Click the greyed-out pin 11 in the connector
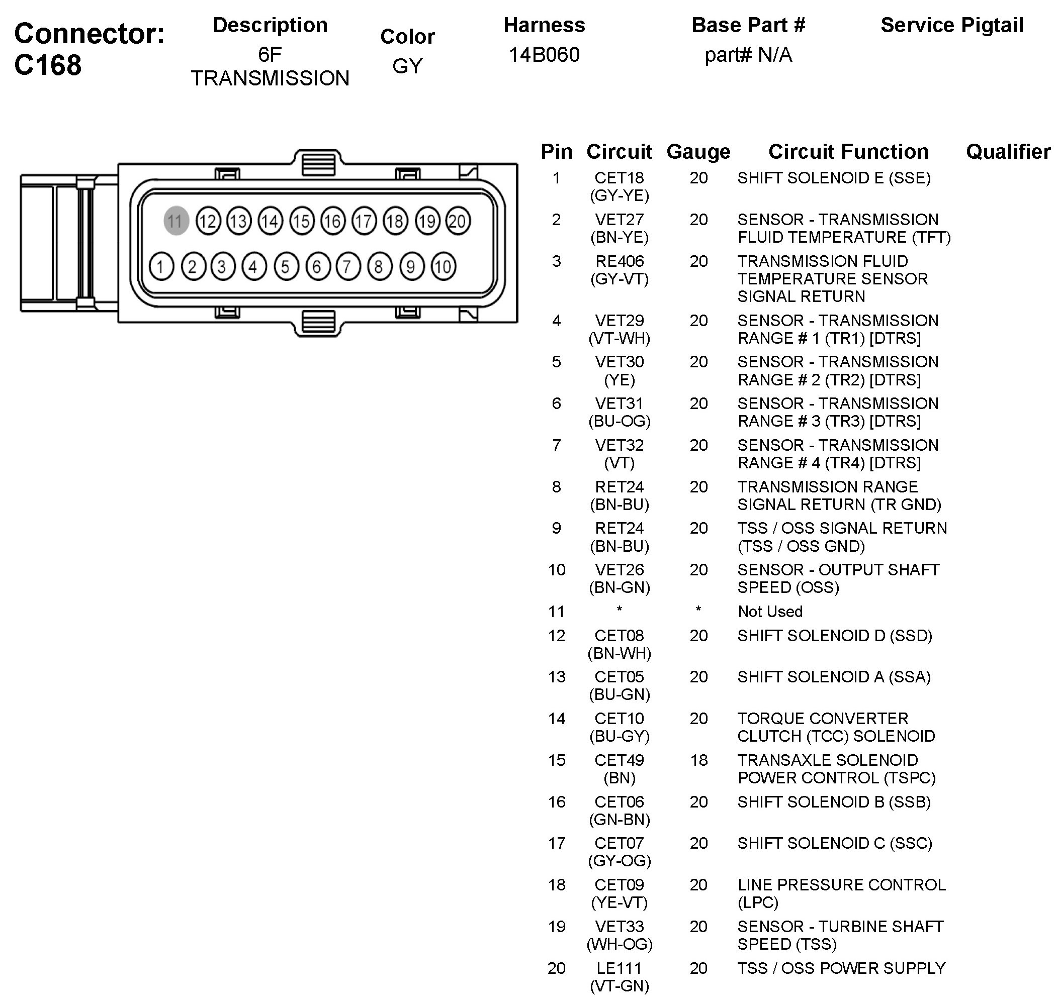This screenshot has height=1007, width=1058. click(x=175, y=221)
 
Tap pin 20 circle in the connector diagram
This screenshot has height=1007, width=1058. click(x=458, y=221)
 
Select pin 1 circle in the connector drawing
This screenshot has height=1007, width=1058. click(x=161, y=266)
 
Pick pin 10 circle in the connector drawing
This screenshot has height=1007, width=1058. click(x=443, y=266)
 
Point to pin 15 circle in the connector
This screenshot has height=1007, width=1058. click(x=301, y=221)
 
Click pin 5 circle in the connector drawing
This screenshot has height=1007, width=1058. click(x=286, y=266)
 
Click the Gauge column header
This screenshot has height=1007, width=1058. click(x=698, y=152)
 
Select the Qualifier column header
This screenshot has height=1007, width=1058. click(x=1008, y=152)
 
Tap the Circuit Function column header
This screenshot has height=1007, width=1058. click(x=848, y=152)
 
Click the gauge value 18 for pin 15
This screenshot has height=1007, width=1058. click(x=698, y=760)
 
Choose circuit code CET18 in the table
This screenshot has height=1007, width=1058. click(x=619, y=178)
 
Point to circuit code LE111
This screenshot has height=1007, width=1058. click(x=619, y=968)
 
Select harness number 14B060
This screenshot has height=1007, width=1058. click(x=544, y=55)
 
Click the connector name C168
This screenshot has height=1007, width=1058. click(x=48, y=65)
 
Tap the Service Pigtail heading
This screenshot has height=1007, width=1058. click(x=952, y=25)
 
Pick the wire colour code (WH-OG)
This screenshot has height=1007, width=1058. click(x=619, y=944)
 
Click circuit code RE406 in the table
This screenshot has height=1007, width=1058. click(x=619, y=261)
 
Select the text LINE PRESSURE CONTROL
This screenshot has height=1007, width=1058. click(x=841, y=884)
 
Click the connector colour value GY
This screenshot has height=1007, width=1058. click(x=407, y=66)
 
